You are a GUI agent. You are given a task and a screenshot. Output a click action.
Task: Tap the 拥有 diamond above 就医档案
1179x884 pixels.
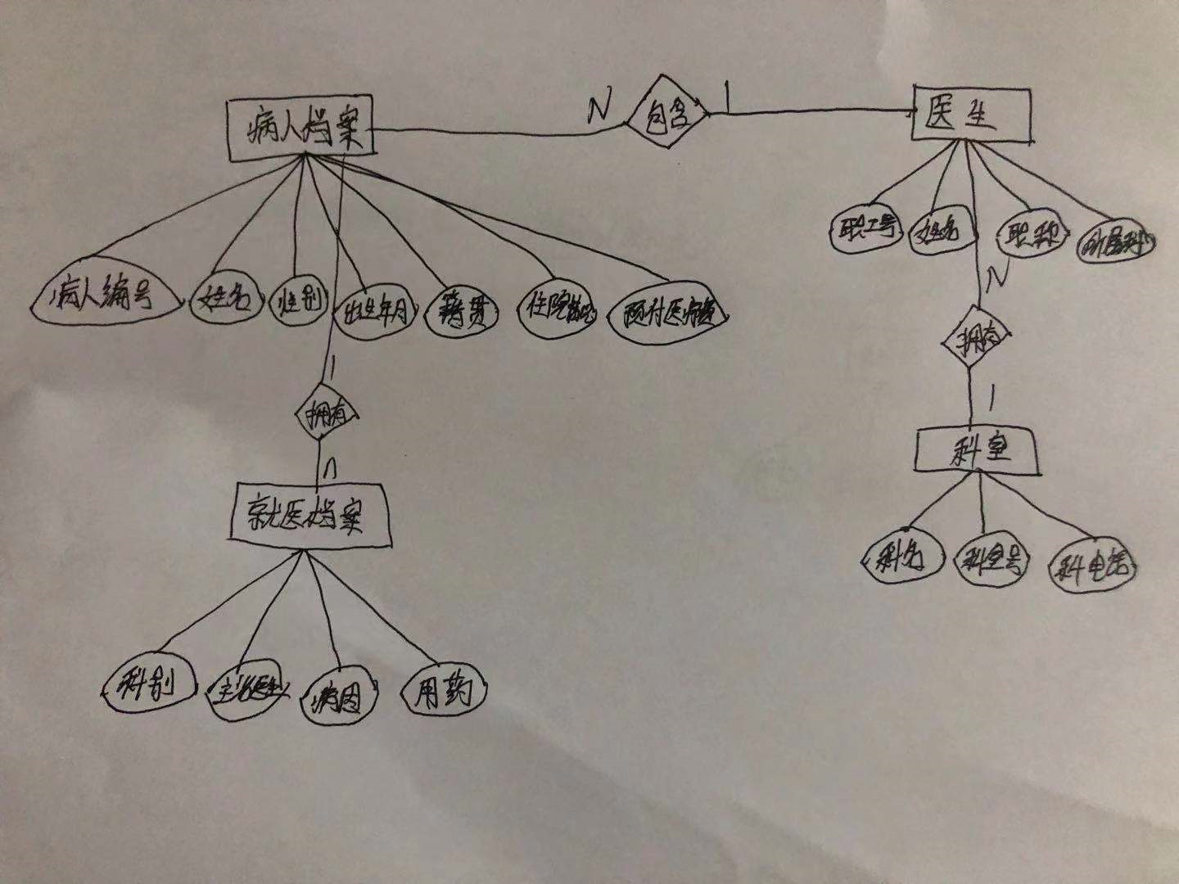coord(326,414)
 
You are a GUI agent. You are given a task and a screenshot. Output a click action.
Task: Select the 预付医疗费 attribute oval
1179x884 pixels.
coord(668,314)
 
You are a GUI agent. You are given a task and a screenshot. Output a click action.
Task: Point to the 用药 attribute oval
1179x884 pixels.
coord(443,692)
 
